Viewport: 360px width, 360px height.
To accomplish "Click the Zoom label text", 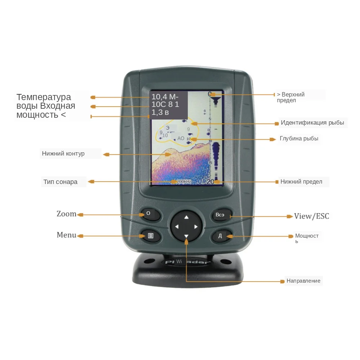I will click(67, 214).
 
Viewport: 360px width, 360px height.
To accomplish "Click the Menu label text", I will click(66, 235).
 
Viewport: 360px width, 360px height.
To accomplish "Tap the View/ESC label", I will click(311, 216).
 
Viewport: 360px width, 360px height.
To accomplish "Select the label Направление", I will click(303, 281).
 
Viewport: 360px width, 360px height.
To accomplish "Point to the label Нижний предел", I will click(301, 182).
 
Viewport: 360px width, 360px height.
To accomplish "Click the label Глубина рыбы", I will click(299, 139).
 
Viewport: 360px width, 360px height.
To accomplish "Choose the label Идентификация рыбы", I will click(312, 123).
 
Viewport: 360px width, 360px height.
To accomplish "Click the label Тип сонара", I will click(61, 182).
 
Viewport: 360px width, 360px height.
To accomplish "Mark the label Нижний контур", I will click(63, 154).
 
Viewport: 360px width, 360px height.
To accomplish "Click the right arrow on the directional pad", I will click(196, 227).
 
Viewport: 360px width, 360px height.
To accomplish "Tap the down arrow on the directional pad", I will click(186, 236).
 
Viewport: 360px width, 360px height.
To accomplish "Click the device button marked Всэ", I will click(220, 215).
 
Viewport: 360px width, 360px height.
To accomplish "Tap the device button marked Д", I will click(220, 236).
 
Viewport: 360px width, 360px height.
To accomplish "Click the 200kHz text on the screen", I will click(184, 181).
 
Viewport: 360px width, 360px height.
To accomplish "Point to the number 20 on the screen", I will click(210, 181).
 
